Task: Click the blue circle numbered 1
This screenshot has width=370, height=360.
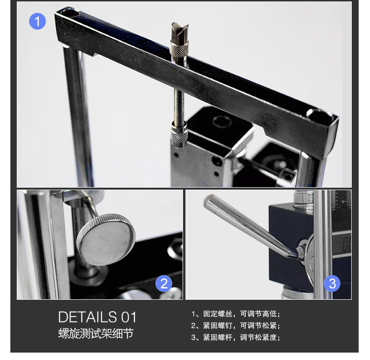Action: [37, 21]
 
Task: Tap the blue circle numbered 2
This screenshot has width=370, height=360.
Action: [164, 283]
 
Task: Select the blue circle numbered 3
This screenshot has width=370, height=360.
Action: [332, 283]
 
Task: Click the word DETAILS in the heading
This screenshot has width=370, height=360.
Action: [87, 317]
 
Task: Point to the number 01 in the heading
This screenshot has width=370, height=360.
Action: [129, 317]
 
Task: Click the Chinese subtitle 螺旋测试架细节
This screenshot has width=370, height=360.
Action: [96, 333]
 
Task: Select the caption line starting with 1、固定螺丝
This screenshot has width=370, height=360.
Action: [235, 314]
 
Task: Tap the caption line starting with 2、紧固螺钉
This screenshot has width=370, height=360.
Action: [235, 326]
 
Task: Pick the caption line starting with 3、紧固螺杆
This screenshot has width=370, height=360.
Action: [235, 337]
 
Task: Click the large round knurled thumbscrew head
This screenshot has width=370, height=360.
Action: [106, 239]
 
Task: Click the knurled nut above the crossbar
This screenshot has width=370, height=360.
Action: [180, 49]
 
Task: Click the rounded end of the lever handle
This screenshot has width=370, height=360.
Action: [210, 201]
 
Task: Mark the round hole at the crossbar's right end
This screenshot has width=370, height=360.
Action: [319, 114]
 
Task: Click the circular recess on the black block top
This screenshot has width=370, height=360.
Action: [222, 121]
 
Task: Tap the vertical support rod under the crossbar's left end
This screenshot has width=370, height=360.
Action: [78, 116]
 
